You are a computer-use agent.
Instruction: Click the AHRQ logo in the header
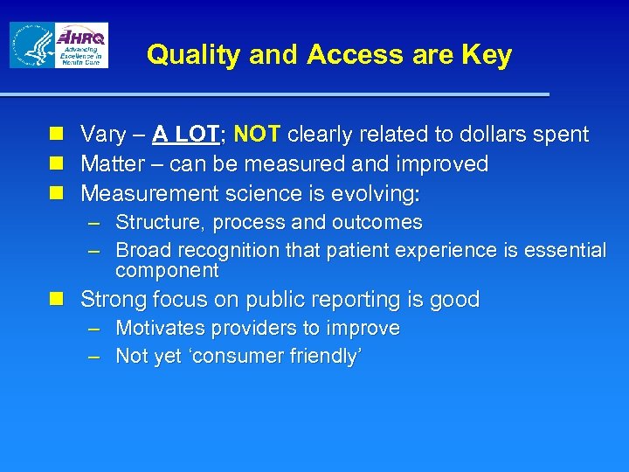click(x=80, y=45)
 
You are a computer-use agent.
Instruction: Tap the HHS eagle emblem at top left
click(x=31, y=45)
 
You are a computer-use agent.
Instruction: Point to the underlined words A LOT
click(x=185, y=135)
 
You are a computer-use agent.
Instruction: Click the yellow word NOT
click(x=257, y=135)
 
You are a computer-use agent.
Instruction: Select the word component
click(x=167, y=271)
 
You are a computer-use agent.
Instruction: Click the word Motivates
click(x=162, y=329)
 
